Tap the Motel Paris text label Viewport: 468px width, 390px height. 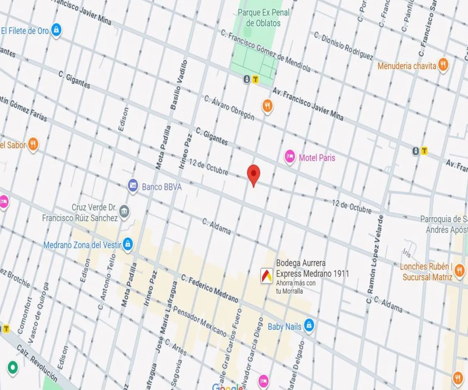[317, 158]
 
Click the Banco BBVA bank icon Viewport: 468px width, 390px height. [133, 184]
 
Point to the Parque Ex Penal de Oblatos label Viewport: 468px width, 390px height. [264, 18]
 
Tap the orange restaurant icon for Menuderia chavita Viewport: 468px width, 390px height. [443, 64]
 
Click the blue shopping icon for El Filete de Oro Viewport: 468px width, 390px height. [57, 30]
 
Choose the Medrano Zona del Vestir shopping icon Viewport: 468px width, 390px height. [128, 245]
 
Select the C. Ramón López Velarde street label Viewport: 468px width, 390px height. [375, 259]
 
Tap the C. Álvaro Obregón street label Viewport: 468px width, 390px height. [229, 108]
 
